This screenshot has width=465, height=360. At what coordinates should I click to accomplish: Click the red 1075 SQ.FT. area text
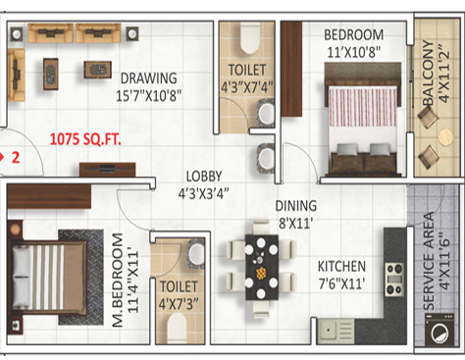coord(84,140)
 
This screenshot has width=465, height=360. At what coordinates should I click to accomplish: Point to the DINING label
coord(295,206)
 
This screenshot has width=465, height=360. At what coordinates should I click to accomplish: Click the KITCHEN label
coord(341,266)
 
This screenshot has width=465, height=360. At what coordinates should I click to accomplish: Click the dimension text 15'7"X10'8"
coord(147,96)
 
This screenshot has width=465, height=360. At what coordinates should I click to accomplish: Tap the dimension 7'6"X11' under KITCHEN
coord(341,283)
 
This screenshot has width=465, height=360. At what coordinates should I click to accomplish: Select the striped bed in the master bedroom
coord(44,276)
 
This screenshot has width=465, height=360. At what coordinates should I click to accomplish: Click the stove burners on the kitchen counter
coord(394,277)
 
